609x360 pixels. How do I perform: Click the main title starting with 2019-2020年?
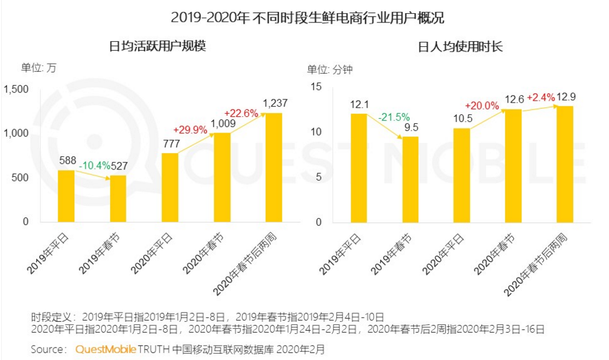tap(304, 17)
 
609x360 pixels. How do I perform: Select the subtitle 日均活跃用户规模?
tap(158, 46)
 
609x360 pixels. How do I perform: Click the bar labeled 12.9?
tap(565, 164)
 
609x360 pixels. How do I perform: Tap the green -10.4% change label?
tap(94, 166)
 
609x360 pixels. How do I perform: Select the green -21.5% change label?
tap(394, 117)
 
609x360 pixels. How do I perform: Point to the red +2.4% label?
tap(540, 97)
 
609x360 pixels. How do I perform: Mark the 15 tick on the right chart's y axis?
tap(316, 87)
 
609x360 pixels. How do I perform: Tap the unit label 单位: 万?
tap(39, 68)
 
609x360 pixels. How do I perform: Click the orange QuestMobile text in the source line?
tap(105, 349)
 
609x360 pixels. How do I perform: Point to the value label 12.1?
tap(359, 104)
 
